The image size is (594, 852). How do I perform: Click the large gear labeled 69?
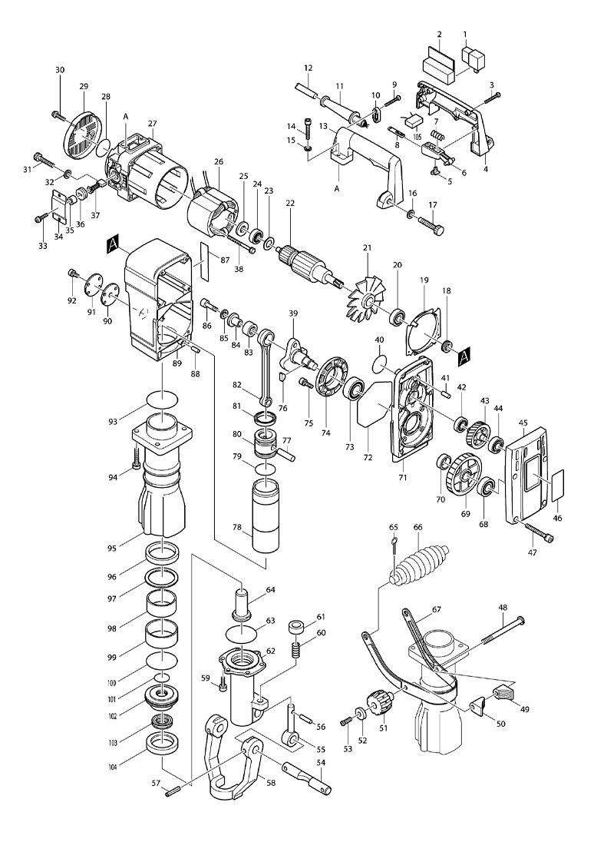click(464, 476)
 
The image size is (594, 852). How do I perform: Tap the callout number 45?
click(523, 423)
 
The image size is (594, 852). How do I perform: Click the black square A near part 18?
click(464, 355)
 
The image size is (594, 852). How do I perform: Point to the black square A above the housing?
click(113, 245)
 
